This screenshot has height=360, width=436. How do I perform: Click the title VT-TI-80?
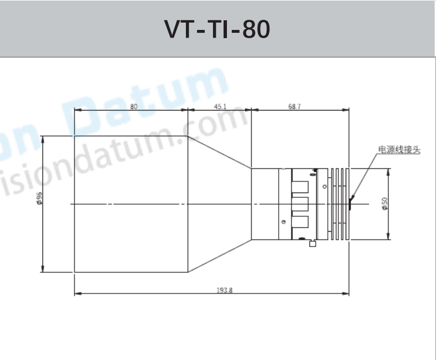coord(217,30)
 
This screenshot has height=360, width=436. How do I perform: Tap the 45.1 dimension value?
coord(220,107)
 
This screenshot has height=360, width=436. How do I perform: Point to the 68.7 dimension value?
coord(295,107)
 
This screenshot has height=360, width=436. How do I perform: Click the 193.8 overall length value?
coord(224,291)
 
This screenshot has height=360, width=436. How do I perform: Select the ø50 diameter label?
coord(385,204)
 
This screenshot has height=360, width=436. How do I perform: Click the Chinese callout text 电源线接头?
coord(399,150)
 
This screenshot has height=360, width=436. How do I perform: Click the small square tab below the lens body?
coord(312,244)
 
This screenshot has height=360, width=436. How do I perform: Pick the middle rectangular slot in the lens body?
coord(301,204)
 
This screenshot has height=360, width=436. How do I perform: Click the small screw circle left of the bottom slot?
coord(283,222)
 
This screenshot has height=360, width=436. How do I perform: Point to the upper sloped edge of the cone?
coord(220,152)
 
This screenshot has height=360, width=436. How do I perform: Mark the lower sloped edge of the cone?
coord(220,256)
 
